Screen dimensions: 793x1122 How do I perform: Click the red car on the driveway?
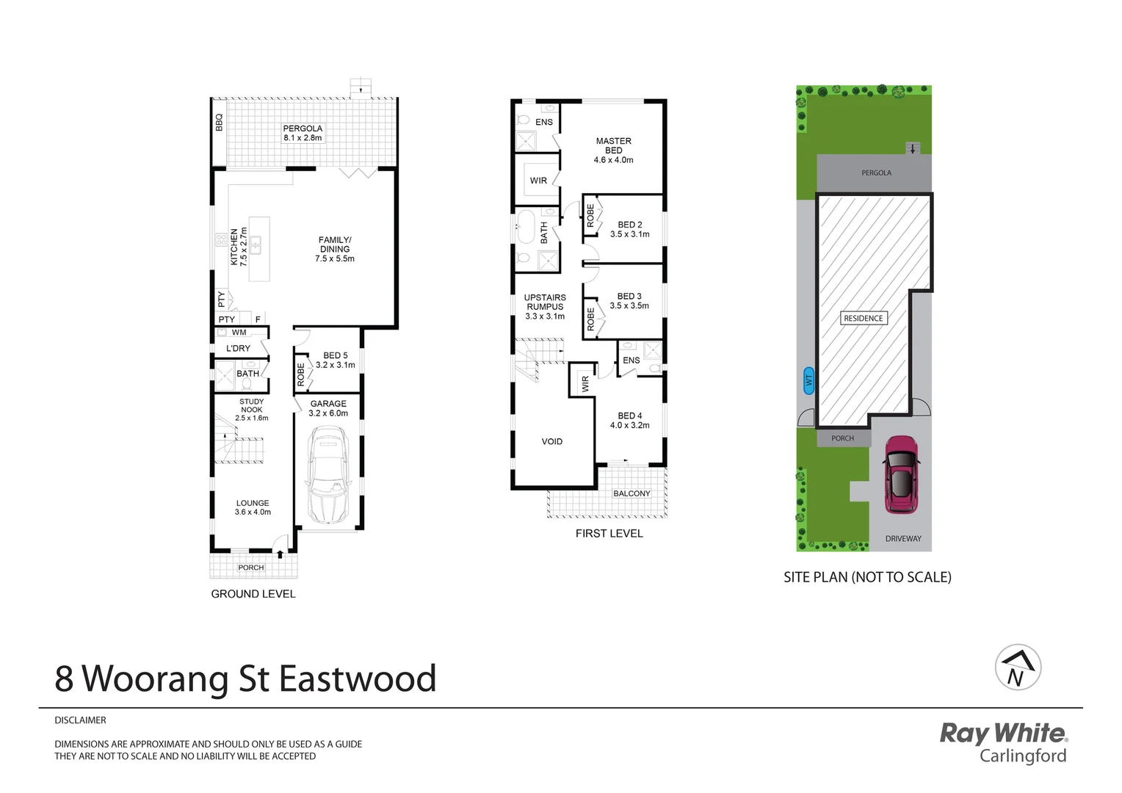(x=900, y=474)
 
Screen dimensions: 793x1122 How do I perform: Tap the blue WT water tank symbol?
(x=808, y=380)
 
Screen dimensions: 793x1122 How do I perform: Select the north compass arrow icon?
(x=1018, y=667)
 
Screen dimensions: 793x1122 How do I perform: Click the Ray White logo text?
(x=1003, y=733)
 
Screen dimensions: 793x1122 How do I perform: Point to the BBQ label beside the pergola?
(x=219, y=122)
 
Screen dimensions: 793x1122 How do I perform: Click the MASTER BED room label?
(x=614, y=150)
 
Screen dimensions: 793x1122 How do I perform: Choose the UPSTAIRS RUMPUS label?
(x=545, y=307)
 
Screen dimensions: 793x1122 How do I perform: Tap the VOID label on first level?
(x=552, y=441)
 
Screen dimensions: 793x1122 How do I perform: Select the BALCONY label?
(x=631, y=493)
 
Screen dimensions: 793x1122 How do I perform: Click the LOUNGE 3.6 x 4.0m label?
(x=253, y=507)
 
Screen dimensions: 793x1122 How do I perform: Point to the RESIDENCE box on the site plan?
(x=864, y=318)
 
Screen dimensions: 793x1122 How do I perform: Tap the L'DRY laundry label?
(x=238, y=348)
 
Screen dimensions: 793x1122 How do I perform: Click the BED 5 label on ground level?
(x=335, y=360)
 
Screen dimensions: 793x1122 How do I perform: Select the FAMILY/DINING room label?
(x=335, y=249)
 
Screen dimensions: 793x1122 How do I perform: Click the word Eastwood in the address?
(x=358, y=678)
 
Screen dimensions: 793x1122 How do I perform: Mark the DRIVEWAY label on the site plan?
(x=903, y=538)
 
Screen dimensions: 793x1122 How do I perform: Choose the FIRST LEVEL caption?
(x=609, y=534)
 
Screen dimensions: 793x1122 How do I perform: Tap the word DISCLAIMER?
(x=80, y=720)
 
